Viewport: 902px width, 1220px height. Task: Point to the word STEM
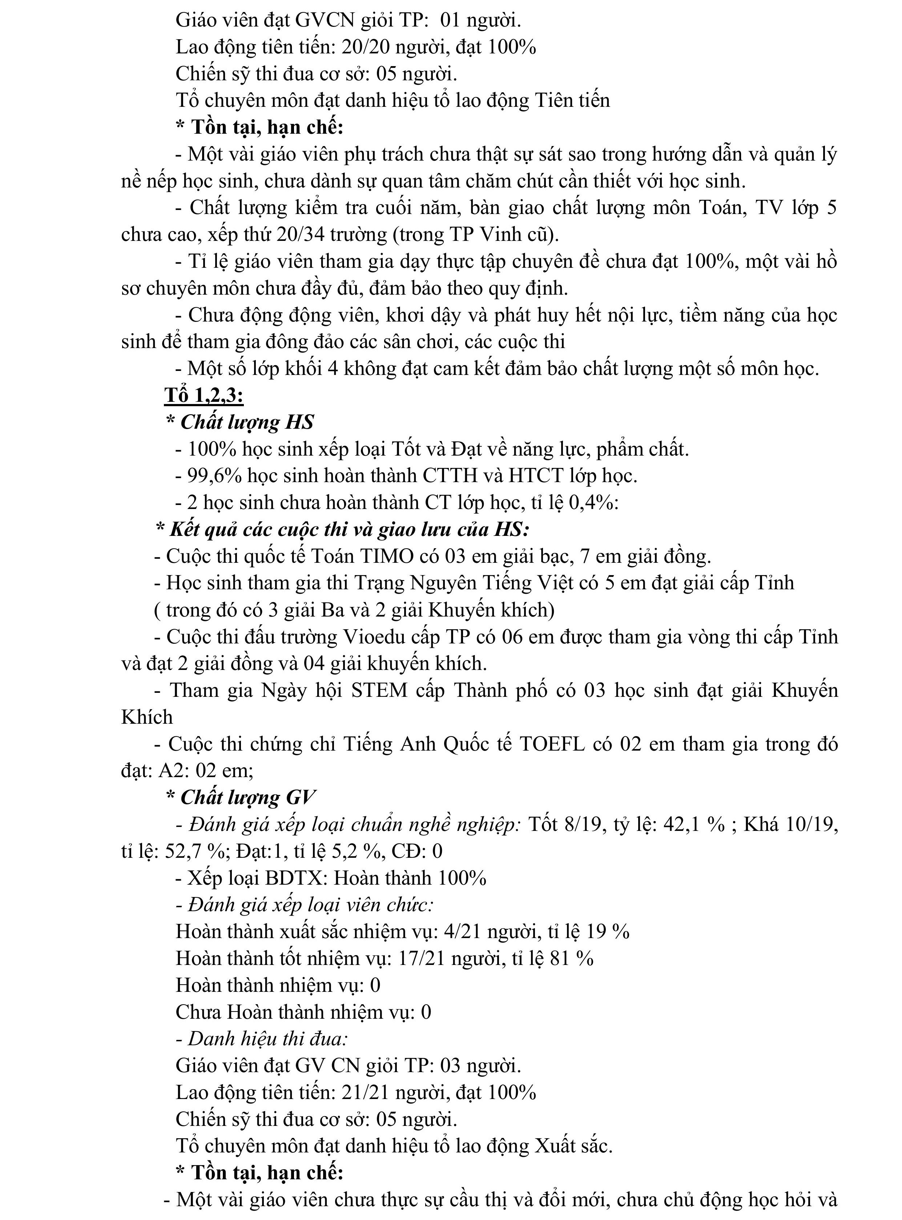pos(379,691)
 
